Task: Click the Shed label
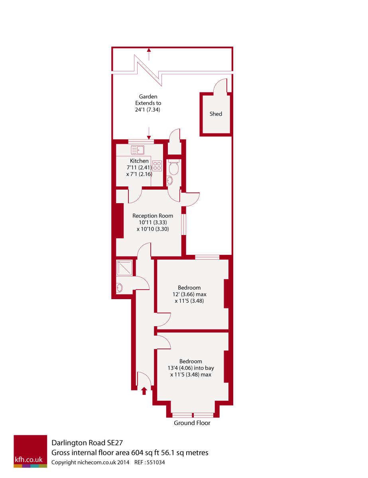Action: (x=216, y=114)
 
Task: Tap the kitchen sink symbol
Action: (x=138, y=150)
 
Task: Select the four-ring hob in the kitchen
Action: (x=157, y=166)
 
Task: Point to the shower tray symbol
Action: (x=124, y=267)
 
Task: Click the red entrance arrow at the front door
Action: (x=144, y=391)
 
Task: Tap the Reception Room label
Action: (x=153, y=216)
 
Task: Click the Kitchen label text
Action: (x=139, y=161)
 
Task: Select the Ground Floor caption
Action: (x=192, y=423)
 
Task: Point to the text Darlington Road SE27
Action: (x=87, y=443)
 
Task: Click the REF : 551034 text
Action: (x=150, y=463)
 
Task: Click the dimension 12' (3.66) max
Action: (x=189, y=294)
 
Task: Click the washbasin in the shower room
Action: (x=119, y=288)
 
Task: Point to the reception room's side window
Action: (x=184, y=225)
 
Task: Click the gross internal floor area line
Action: (x=130, y=453)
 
